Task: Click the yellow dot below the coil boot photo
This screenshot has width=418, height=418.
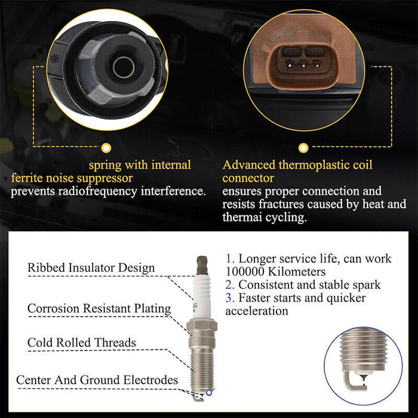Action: click(106, 147)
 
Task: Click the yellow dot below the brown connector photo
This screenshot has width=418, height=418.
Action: click(303, 147)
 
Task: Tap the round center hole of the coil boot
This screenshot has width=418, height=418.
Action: click(124, 67)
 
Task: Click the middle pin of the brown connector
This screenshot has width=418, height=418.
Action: click(303, 64)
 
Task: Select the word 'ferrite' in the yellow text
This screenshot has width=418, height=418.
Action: click(27, 178)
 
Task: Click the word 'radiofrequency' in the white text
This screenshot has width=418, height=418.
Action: click(97, 192)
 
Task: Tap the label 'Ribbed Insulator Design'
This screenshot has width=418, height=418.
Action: click(91, 268)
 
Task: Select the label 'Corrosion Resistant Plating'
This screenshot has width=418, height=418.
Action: click(99, 309)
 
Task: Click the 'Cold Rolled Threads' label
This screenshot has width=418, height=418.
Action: click(82, 343)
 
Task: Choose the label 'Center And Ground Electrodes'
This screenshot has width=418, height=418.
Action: click(97, 380)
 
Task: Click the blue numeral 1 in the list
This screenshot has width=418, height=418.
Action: click(229, 259)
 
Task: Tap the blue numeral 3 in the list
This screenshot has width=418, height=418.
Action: click(229, 298)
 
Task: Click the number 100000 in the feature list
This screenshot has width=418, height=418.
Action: click(245, 272)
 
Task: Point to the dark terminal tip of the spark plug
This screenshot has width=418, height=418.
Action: click(202, 265)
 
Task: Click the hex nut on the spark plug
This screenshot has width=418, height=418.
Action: click(202, 326)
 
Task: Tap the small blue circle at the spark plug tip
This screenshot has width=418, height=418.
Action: click(209, 392)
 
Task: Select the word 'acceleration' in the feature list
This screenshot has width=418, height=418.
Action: click(257, 311)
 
